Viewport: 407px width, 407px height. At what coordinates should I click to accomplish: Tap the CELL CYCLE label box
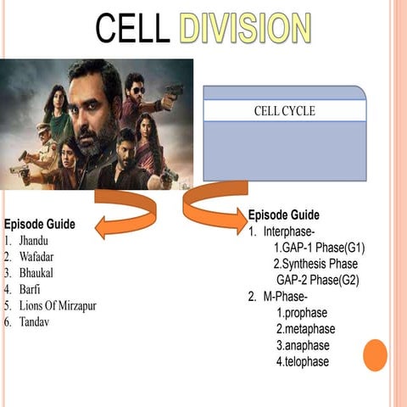(284, 111)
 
